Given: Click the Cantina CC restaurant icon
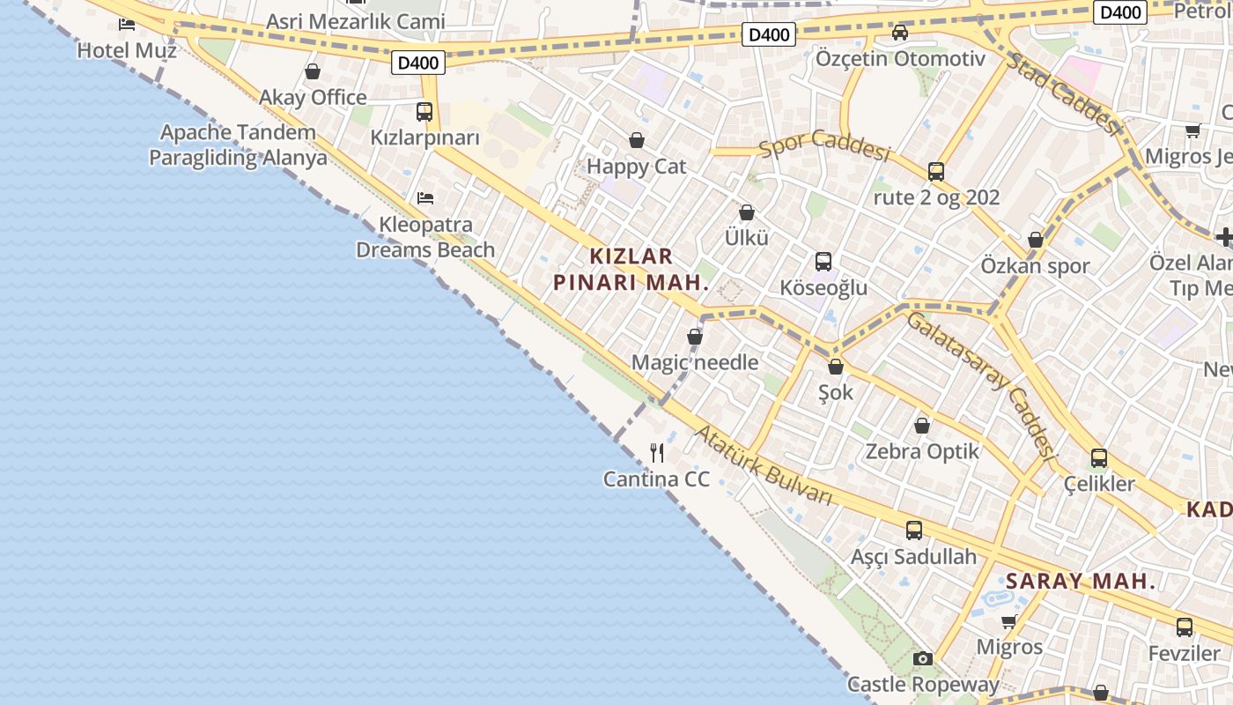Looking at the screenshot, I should pyautogui.click(x=657, y=453).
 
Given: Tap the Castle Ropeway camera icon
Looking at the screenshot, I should pyautogui.click(x=922, y=658).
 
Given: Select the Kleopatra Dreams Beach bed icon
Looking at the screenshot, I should pyautogui.click(x=425, y=198).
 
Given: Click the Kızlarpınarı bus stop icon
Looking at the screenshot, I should pyautogui.click(x=425, y=112).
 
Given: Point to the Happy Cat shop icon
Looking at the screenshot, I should pyautogui.click(x=636, y=140).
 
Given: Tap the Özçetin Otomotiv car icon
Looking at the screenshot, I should pyautogui.click(x=899, y=33).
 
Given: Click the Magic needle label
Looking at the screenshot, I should pyautogui.click(x=695, y=362).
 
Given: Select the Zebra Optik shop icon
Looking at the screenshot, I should pyautogui.click(x=922, y=426).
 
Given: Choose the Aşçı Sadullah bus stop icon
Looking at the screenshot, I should pyautogui.click(x=914, y=531).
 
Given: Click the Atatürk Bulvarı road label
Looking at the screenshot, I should pyautogui.click(x=763, y=466).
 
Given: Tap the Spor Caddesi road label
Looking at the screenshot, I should pyautogui.click(x=825, y=145).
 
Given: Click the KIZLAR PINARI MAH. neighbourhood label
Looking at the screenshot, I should pyautogui.click(x=631, y=270).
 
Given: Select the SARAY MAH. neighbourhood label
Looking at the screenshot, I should pyautogui.click(x=1081, y=582).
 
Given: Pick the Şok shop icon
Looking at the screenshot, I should pyautogui.click(x=836, y=367).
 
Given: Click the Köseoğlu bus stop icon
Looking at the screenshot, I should pyautogui.click(x=823, y=262).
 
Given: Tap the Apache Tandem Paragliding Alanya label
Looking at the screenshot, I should pyautogui.click(x=238, y=145).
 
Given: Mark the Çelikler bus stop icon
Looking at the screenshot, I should pyautogui.click(x=1099, y=458).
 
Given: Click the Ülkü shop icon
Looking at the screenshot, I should pyautogui.click(x=747, y=212).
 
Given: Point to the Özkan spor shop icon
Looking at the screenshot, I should pyautogui.click(x=1036, y=240).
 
